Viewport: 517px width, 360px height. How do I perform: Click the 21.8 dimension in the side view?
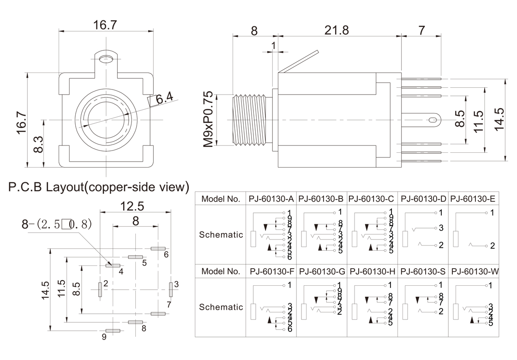[337, 30]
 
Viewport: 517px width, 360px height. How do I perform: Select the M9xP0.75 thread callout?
[209, 120]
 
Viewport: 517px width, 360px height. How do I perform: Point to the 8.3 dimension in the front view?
[38, 144]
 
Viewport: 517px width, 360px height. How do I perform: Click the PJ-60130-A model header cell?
[271, 199]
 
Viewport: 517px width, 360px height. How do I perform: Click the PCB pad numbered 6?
[158, 248]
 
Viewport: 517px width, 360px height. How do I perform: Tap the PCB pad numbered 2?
[100, 289]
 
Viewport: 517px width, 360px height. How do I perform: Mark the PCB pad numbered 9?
[113, 330]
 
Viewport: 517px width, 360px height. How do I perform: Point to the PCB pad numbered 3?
[170, 289]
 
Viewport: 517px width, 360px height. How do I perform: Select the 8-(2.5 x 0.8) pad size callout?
[57, 225]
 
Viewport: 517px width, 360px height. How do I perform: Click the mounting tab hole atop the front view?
[107, 59]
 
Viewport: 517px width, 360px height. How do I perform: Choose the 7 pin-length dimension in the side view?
[421, 30]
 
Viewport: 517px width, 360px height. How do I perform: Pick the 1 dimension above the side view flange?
[274, 46]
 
